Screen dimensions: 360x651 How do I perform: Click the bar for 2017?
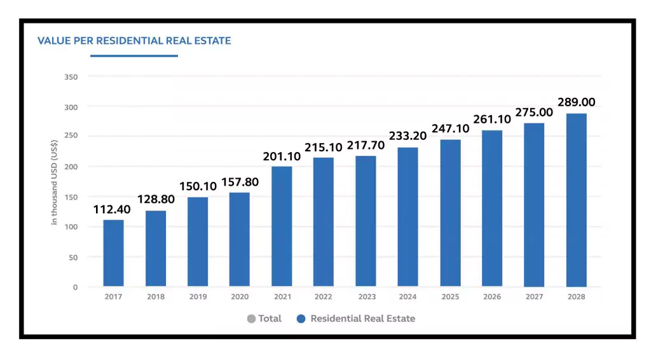pos(113,253)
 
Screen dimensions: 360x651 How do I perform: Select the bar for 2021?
pos(282,226)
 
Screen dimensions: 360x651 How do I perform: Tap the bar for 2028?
pos(576,200)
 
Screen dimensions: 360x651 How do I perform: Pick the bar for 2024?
pos(408,217)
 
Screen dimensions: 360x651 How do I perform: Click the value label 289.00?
pos(576,102)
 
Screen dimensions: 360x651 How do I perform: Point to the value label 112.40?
pos(113,209)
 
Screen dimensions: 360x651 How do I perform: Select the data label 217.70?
pos(366,145)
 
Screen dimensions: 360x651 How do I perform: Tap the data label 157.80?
pos(240,183)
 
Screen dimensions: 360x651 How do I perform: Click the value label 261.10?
pos(492,120)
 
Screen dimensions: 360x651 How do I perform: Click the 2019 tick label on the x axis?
pos(198,297)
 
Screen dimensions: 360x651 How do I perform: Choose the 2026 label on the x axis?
pos(492,297)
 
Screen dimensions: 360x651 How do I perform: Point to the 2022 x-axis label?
pos(324,297)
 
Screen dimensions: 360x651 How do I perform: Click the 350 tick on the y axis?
pos(71,77)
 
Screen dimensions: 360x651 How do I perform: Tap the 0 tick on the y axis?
pos(75,287)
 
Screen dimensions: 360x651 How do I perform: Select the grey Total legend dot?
pos(251,319)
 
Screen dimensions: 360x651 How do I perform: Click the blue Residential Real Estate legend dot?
pos(301,319)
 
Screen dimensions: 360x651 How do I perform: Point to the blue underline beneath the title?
pos(134,56)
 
